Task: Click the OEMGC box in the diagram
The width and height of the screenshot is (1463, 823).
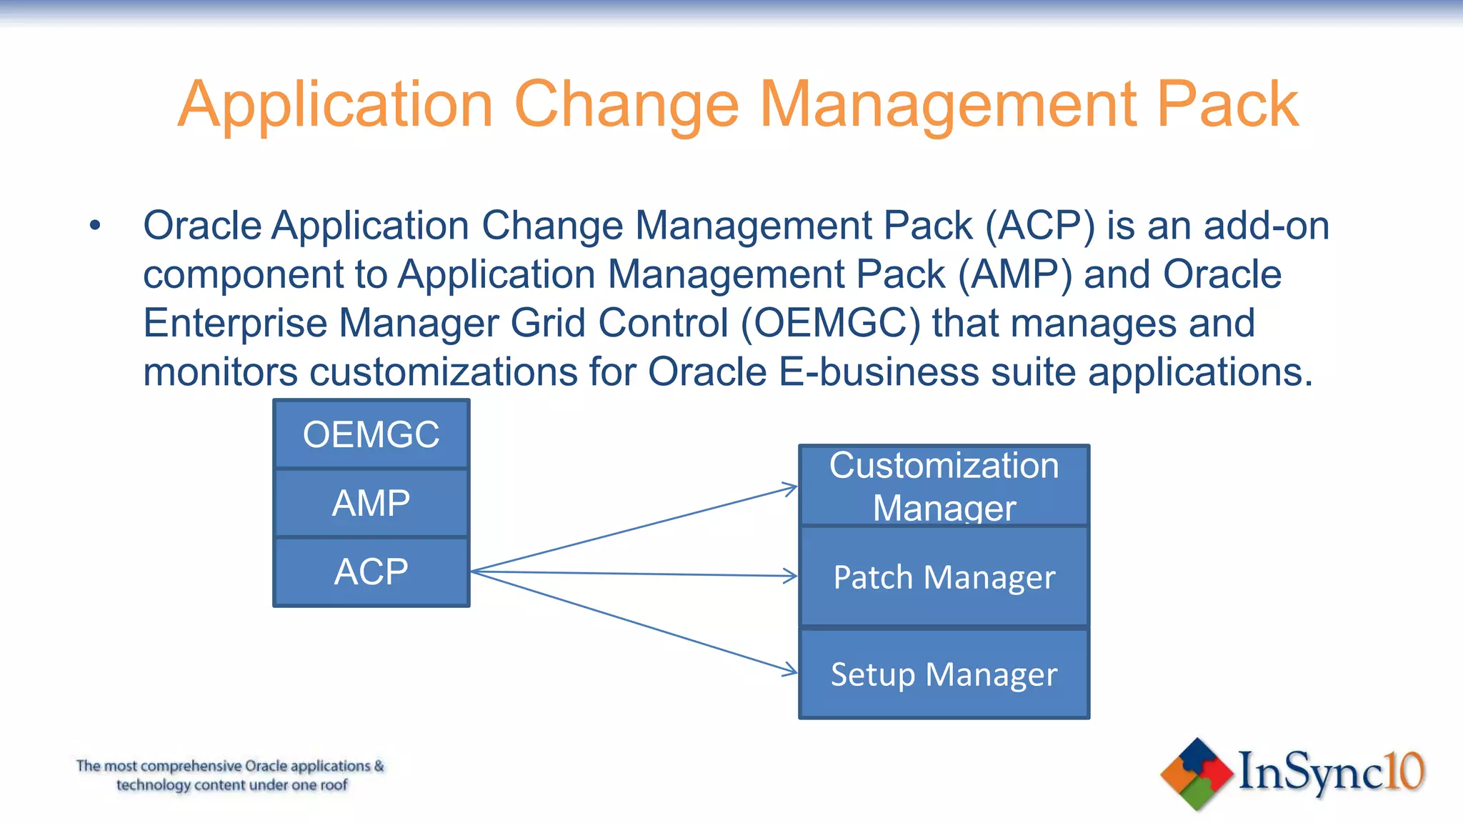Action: tap(371, 434)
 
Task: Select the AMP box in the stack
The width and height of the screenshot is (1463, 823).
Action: tap(371, 503)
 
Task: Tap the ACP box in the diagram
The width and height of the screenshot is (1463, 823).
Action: tap(371, 572)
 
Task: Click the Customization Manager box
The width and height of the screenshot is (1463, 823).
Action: tap(944, 486)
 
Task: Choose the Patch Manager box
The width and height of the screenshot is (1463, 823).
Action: tap(944, 577)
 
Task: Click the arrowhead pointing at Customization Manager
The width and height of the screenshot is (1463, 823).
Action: tap(791, 489)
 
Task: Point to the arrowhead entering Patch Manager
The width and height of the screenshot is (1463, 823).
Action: tap(792, 576)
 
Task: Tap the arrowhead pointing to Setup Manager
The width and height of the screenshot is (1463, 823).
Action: tap(791, 670)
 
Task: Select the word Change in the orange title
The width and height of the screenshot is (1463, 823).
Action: tap(626, 105)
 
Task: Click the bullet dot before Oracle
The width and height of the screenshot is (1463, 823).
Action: tap(95, 226)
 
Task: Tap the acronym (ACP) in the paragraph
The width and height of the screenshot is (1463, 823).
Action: tap(1040, 226)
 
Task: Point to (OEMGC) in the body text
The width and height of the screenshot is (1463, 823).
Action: tap(831, 324)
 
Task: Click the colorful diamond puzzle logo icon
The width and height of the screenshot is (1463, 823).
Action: tap(1197, 774)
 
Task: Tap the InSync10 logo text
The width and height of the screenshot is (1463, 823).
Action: tap(1331, 772)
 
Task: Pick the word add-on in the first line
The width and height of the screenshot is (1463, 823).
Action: tap(1266, 226)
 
